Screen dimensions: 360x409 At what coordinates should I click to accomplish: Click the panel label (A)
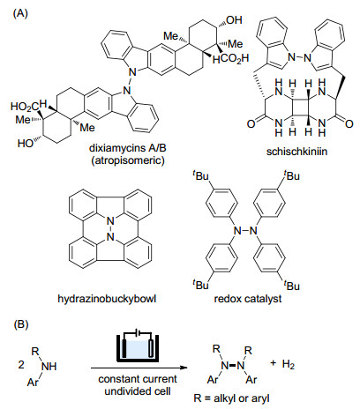point(20,13)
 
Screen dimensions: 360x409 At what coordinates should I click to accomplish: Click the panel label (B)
point(20,324)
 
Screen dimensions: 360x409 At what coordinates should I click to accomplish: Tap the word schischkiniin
point(296,151)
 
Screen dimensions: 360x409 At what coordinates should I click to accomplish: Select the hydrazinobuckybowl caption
point(107,299)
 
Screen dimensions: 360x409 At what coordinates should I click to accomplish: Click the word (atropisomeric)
point(128,160)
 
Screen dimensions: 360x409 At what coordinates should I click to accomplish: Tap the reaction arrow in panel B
point(139,368)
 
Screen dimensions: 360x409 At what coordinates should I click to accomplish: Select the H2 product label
point(289,365)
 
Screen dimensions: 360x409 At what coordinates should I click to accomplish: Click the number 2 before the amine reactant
point(21,365)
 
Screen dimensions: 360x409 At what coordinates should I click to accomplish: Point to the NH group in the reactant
point(49,366)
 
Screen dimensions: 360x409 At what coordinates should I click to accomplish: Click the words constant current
point(138,379)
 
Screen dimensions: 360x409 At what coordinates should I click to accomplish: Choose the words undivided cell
point(138,391)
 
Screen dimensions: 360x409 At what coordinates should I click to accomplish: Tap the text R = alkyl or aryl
point(231,398)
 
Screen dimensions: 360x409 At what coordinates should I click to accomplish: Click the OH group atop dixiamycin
point(235,20)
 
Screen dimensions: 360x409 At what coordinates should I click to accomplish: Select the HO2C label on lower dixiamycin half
point(29,106)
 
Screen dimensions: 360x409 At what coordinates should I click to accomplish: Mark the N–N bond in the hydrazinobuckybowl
point(110,228)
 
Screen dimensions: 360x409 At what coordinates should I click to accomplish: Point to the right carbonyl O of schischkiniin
point(349,123)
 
